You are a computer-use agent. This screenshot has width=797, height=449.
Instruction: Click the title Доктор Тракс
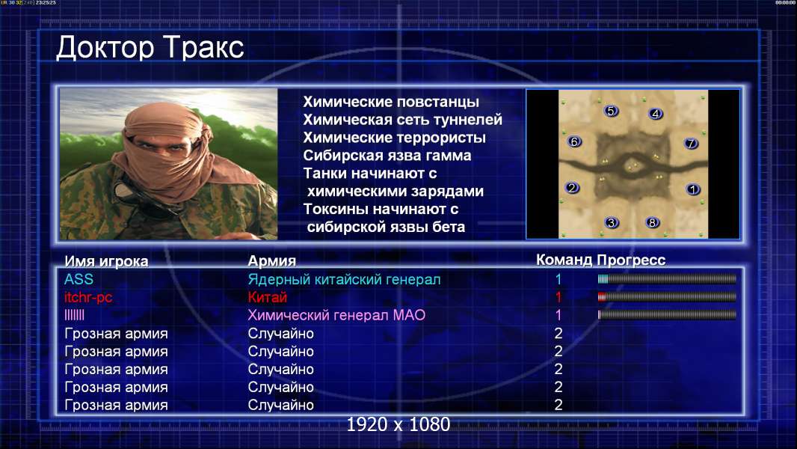tap(150, 48)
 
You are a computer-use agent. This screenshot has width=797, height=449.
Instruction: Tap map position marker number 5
tap(611, 111)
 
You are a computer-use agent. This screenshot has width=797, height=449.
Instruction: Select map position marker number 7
tap(691, 144)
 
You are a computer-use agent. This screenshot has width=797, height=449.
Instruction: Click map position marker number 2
tap(572, 188)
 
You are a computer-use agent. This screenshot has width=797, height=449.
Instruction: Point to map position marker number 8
tap(652, 222)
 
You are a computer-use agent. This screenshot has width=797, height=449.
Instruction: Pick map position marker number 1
tap(693, 189)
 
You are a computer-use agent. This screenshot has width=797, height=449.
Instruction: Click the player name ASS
tap(79, 279)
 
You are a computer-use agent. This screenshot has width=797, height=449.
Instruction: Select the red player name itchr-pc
tap(88, 297)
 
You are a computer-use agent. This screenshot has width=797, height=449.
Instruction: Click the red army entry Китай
tap(268, 297)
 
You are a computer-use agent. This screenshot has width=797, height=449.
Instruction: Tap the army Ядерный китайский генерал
tap(344, 280)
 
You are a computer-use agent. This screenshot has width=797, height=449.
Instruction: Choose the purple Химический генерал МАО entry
tap(336, 315)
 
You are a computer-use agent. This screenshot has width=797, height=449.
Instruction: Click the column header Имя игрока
tap(106, 261)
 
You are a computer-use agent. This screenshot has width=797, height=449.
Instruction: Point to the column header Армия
tap(272, 261)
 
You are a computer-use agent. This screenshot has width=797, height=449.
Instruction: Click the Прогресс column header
tap(631, 260)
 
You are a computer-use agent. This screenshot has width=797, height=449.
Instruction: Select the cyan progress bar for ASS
tap(667, 278)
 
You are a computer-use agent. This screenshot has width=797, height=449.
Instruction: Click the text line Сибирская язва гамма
tap(387, 156)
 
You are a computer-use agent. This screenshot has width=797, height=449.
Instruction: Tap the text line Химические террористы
tap(395, 138)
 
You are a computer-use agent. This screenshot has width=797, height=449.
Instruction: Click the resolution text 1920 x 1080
tap(398, 424)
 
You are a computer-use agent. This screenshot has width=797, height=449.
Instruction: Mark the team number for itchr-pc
tap(558, 297)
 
